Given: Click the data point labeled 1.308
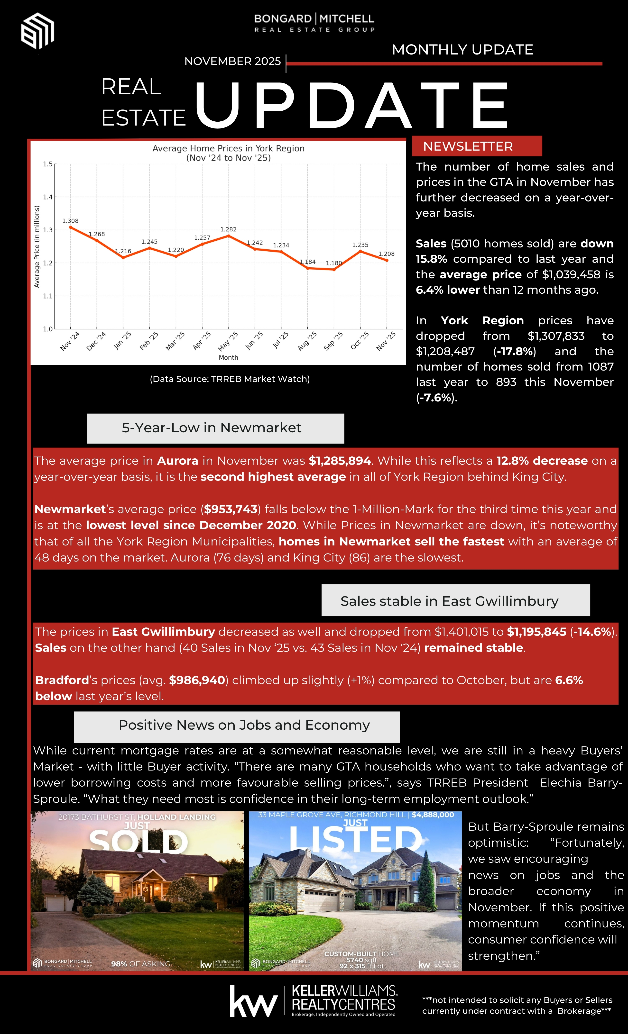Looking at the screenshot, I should click(71, 227).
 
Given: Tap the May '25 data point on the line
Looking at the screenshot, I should click(228, 236).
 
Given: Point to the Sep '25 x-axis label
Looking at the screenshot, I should click(334, 341).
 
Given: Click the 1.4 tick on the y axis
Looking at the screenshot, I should click(48, 197).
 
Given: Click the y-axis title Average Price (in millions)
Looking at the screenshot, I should click(37, 246).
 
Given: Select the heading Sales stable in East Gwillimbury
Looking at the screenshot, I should click(449, 601).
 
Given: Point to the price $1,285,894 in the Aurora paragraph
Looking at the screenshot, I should click(340, 461).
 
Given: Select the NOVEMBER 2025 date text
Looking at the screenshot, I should click(232, 61).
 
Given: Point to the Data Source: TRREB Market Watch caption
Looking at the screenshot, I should click(230, 379).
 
